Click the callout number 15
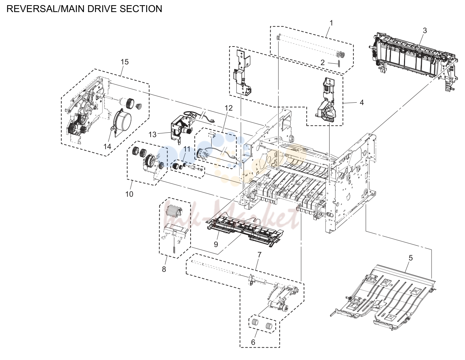(x=124, y=62)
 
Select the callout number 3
(x=425, y=31)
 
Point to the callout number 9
(x=216, y=244)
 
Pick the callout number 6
(x=253, y=342)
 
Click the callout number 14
(x=108, y=146)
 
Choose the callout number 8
(x=164, y=269)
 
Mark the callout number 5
(x=411, y=258)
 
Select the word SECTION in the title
(x=141, y=9)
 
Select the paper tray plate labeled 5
(x=383, y=297)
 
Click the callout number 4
(x=362, y=103)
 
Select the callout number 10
(x=129, y=194)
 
